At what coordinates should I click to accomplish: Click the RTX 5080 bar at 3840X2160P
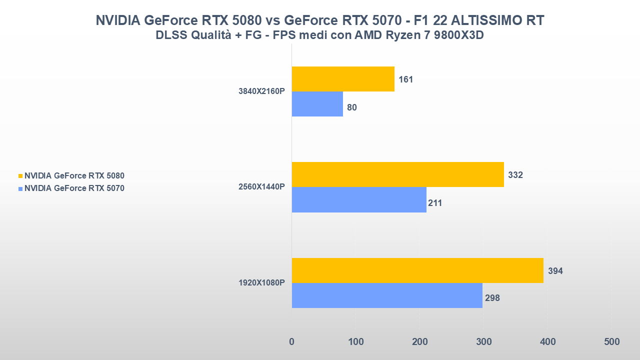point(343,79)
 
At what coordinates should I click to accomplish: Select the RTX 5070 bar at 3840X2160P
point(317,104)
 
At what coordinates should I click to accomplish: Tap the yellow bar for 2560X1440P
point(397,174)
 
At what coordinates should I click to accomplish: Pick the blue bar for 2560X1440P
point(359,199)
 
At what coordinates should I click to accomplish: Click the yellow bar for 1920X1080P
point(417,270)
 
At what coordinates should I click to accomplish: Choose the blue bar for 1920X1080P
point(387,295)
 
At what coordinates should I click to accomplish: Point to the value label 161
point(406,79)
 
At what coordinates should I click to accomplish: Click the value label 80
point(352,107)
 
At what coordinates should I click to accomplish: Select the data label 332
point(515,175)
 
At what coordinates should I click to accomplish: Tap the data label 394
point(555,271)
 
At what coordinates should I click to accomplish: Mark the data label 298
point(492,298)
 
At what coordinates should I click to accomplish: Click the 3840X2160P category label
point(261,91)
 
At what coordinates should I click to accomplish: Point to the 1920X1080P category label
point(261,283)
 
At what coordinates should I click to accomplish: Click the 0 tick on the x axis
point(292,342)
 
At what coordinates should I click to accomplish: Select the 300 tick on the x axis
point(483,342)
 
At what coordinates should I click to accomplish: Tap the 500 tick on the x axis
point(611,342)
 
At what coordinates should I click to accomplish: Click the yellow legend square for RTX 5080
point(20,176)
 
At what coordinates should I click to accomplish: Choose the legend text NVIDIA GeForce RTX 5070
point(74,188)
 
